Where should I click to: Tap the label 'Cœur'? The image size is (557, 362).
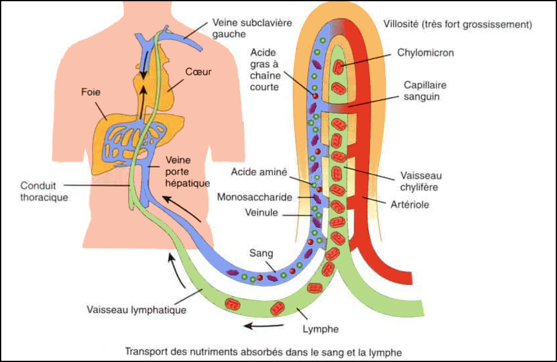click(199, 72)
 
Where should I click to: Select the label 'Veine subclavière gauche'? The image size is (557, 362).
click(240, 28)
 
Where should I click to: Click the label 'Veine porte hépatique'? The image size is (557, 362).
click(188, 172)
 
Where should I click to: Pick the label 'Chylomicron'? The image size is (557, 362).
click(425, 53)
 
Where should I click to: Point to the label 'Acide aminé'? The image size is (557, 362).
click(259, 172)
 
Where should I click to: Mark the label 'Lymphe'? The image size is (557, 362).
click(321, 329)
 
